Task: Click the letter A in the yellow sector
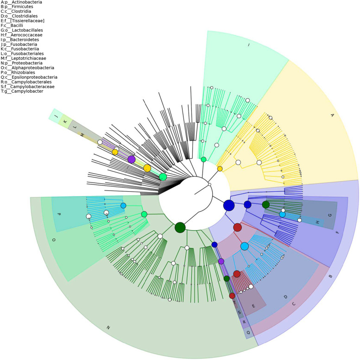coord(331,116)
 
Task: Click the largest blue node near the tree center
coord(229,205)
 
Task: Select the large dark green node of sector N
coord(180,227)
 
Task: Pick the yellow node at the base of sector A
coord(220,169)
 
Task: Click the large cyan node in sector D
coord(244,246)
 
